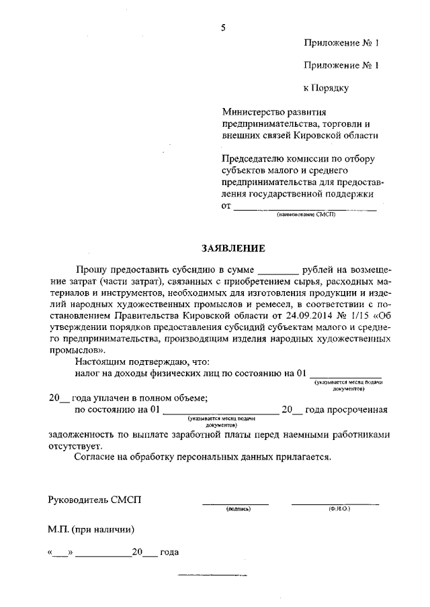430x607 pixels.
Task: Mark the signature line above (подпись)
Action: click(x=235, y=503)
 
